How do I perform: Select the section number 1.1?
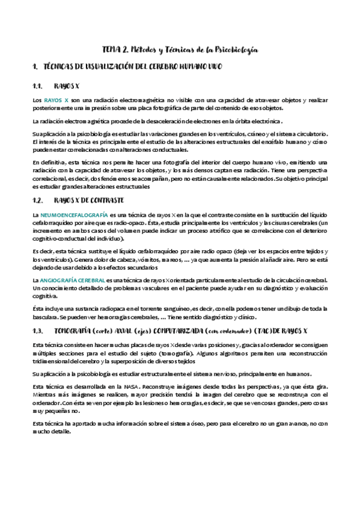[x=40, y=85]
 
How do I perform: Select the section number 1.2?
[x=40, y=200]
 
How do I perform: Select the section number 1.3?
[x=40, y=331]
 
